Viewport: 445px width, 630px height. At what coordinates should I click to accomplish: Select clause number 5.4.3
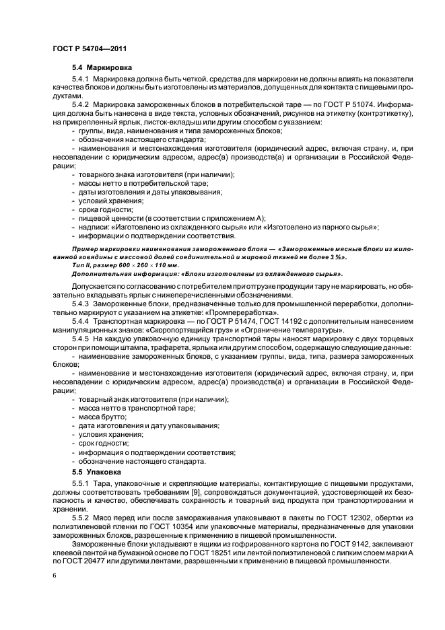[81, 304]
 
